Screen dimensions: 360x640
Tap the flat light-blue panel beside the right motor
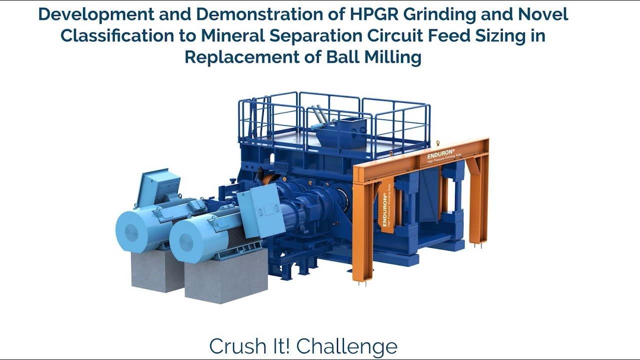(x=260, y=210)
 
